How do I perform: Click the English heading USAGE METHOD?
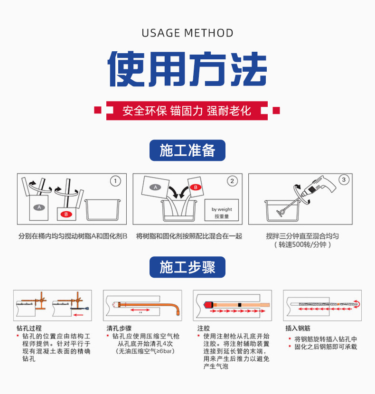click(187, 33)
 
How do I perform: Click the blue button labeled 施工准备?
click(187, 150)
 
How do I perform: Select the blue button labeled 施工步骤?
click(187, 267)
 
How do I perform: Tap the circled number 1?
click(115, 181)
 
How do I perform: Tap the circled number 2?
click(232, 181)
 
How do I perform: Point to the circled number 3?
click(344, 179)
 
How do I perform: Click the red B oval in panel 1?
click(66, 214)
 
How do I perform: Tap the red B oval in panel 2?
click(194, 187)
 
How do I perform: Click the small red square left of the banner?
click(98, 111)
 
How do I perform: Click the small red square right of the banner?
click(276, 111)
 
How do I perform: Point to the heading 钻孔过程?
click(29, 328)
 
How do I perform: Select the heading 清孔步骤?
click(119, 328)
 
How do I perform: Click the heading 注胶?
click(203, 328)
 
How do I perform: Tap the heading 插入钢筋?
click(298, 328)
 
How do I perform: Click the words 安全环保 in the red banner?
click(144, 111)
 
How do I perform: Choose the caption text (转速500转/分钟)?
click(302, 245)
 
